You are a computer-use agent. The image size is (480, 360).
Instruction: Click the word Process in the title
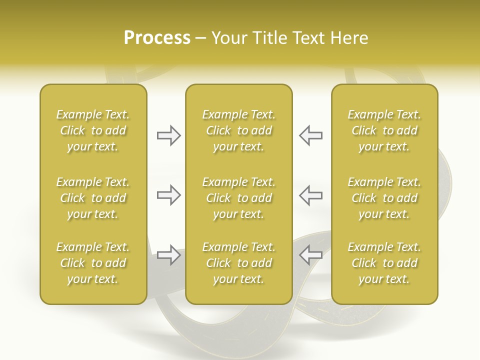tap(157, 38)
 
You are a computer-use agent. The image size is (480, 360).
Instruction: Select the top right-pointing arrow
tap(169, 135)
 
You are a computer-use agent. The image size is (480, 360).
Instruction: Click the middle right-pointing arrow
tap(169, 195)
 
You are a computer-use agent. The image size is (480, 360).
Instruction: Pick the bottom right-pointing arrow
tap(169, 255)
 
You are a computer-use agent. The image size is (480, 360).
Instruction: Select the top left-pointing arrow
tap(310, 135)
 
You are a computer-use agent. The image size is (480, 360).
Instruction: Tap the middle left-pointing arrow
tap(310, 195)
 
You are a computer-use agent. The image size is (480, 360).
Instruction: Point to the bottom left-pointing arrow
tap(310, 255)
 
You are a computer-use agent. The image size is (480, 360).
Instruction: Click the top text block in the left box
tap(93, 130)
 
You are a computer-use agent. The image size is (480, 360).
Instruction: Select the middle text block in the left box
tap(93, 198)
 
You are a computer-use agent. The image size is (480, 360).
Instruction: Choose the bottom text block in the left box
tap(93, 263)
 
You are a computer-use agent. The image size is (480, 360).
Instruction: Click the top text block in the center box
tap(238, 130)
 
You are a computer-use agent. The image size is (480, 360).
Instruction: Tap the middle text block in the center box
tap(238, 198)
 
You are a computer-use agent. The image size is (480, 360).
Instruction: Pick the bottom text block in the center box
tap(238, 263)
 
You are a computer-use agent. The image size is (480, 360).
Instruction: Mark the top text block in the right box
tap(384, 130)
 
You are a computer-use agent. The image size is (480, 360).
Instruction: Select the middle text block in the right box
tap(384, 198)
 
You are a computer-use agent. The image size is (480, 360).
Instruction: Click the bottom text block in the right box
tap(384, 263)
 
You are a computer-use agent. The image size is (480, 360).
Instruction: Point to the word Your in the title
tap(229, 38)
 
